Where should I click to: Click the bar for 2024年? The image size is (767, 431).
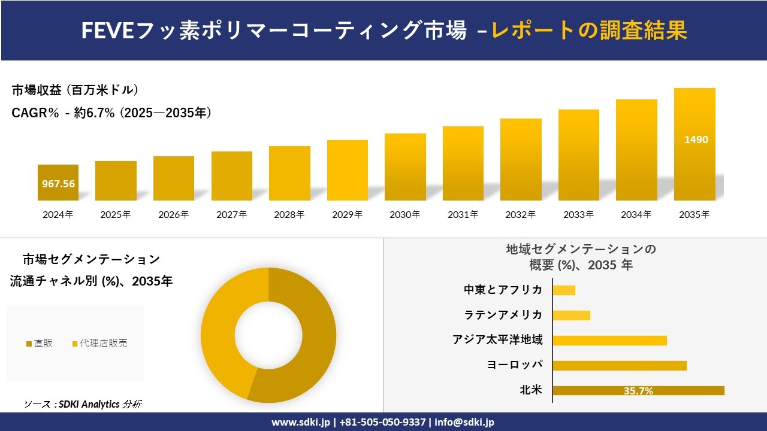tap(58, 183)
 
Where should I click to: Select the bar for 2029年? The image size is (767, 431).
tap(348, 171)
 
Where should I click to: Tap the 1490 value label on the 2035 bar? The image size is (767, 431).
tap(696, 139)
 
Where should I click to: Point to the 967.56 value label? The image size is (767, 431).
tap(58, 184)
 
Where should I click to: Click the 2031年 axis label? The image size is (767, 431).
tap(463, 214)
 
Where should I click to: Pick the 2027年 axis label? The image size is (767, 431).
tap(231, 214)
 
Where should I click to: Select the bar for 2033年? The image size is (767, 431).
tap(579, 155)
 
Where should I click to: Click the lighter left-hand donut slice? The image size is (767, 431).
tap(225, 335)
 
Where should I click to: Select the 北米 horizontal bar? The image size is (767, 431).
tap(638, 390)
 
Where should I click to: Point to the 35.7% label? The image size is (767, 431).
tap(638, 391)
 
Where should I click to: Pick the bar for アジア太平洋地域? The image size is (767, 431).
tap(609, 340)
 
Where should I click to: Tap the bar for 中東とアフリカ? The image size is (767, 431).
tap(564, 290)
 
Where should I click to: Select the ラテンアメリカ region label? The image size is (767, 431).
tap(503, 315)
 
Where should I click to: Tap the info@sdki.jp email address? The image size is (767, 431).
tap(464, 422)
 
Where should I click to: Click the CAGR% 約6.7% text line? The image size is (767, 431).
tap(111, 113)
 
